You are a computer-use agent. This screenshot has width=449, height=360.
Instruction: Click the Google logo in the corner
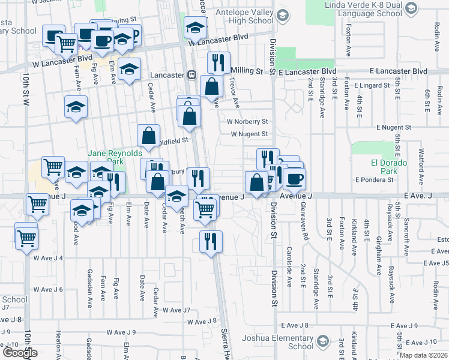20,353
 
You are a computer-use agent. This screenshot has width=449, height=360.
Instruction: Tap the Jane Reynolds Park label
106,157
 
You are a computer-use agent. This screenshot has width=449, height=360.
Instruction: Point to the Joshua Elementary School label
278,342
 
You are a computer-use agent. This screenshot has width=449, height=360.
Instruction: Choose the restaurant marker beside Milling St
218,63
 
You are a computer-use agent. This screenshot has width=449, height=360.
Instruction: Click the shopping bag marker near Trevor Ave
211,86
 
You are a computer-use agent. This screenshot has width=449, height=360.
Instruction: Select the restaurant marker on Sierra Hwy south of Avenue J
211,242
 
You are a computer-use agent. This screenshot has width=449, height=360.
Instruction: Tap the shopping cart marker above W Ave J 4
26,237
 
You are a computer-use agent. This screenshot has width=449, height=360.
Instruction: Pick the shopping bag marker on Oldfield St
148,136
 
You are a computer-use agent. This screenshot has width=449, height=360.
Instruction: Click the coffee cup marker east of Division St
294,178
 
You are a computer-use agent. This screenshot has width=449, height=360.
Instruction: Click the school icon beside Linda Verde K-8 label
411,8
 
